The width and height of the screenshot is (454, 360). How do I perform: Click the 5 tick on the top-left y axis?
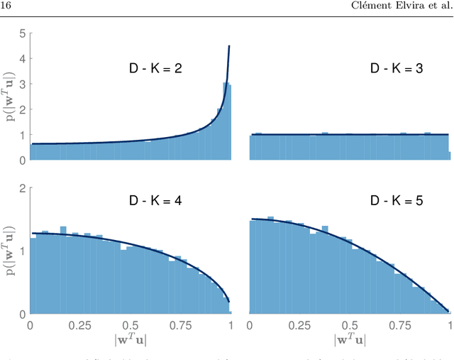coord(23,33)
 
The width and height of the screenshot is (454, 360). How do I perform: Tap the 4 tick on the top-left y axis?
coord(23,59)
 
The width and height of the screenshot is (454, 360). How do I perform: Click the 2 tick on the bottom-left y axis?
coord(23,189)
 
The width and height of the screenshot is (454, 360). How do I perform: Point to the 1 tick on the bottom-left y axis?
coord(23,251)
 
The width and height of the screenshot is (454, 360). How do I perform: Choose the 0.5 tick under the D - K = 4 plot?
coord(130,324)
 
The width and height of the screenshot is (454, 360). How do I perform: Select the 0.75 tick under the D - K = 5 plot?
coord(401,324)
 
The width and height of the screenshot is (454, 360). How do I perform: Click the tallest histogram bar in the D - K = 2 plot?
coord(226,121)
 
